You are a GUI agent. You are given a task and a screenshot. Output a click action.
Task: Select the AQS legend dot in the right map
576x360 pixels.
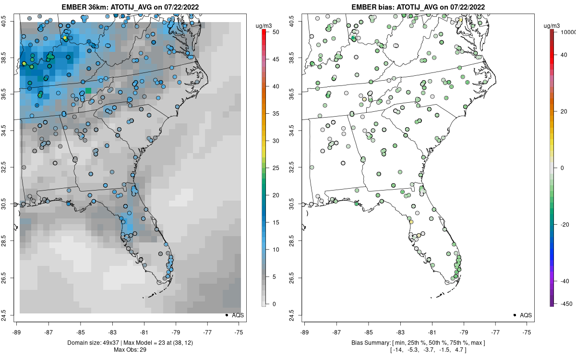click(515, 315)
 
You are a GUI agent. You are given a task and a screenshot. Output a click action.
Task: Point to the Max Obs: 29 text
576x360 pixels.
click(130, 349)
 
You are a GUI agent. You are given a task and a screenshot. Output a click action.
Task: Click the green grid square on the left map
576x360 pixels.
click(88, 90)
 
